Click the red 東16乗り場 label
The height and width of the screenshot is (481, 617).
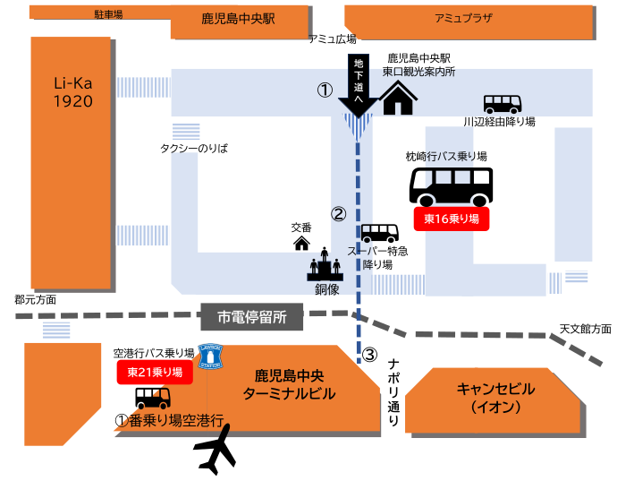tap(452, 219)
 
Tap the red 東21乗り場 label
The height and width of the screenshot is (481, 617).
tap(155, 372)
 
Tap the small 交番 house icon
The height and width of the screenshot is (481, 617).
tap(301, 242)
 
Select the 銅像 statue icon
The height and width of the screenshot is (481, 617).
tap(325, 268)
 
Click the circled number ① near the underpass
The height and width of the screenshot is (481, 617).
tap(325, 90)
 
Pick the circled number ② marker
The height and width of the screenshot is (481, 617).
tap(338, 214)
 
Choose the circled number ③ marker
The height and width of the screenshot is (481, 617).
tap(369, 354)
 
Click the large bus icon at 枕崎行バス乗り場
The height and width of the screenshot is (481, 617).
tap(451, 186)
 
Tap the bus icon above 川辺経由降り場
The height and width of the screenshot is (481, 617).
tap(503, 103)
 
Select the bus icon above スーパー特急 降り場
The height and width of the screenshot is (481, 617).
tap(379, 234)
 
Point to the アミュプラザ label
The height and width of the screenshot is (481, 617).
tap(463, 18)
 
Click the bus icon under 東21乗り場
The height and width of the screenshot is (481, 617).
tap(153, 397)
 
